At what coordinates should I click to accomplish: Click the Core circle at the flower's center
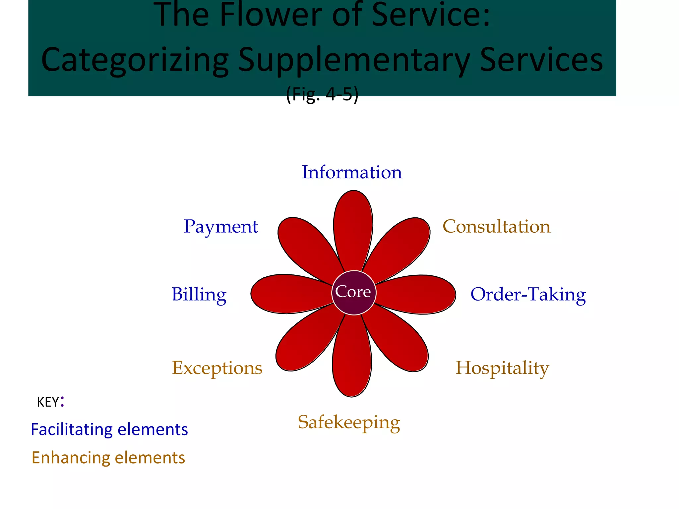(x=354, y=293)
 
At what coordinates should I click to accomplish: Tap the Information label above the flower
(x=352, y=172)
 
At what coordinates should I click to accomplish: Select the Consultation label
(x=496, y=227)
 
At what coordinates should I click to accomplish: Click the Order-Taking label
(x=528, y=294)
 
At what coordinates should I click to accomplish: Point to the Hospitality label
(x=502, y=368)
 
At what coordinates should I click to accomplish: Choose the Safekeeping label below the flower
(x=349, y=422)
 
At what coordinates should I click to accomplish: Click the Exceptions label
(x=217, y=368)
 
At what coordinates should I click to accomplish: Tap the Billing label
(x=199, y=294)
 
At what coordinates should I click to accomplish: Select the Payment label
(x=220, y=227)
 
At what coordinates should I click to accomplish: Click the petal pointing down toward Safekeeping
(x=352, y=361)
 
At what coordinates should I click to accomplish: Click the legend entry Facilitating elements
(x=109, y=429)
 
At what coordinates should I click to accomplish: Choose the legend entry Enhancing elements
(x=108, y=458)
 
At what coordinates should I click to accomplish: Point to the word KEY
(x=48, y=402)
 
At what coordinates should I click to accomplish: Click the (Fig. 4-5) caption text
(x=322, y=94)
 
